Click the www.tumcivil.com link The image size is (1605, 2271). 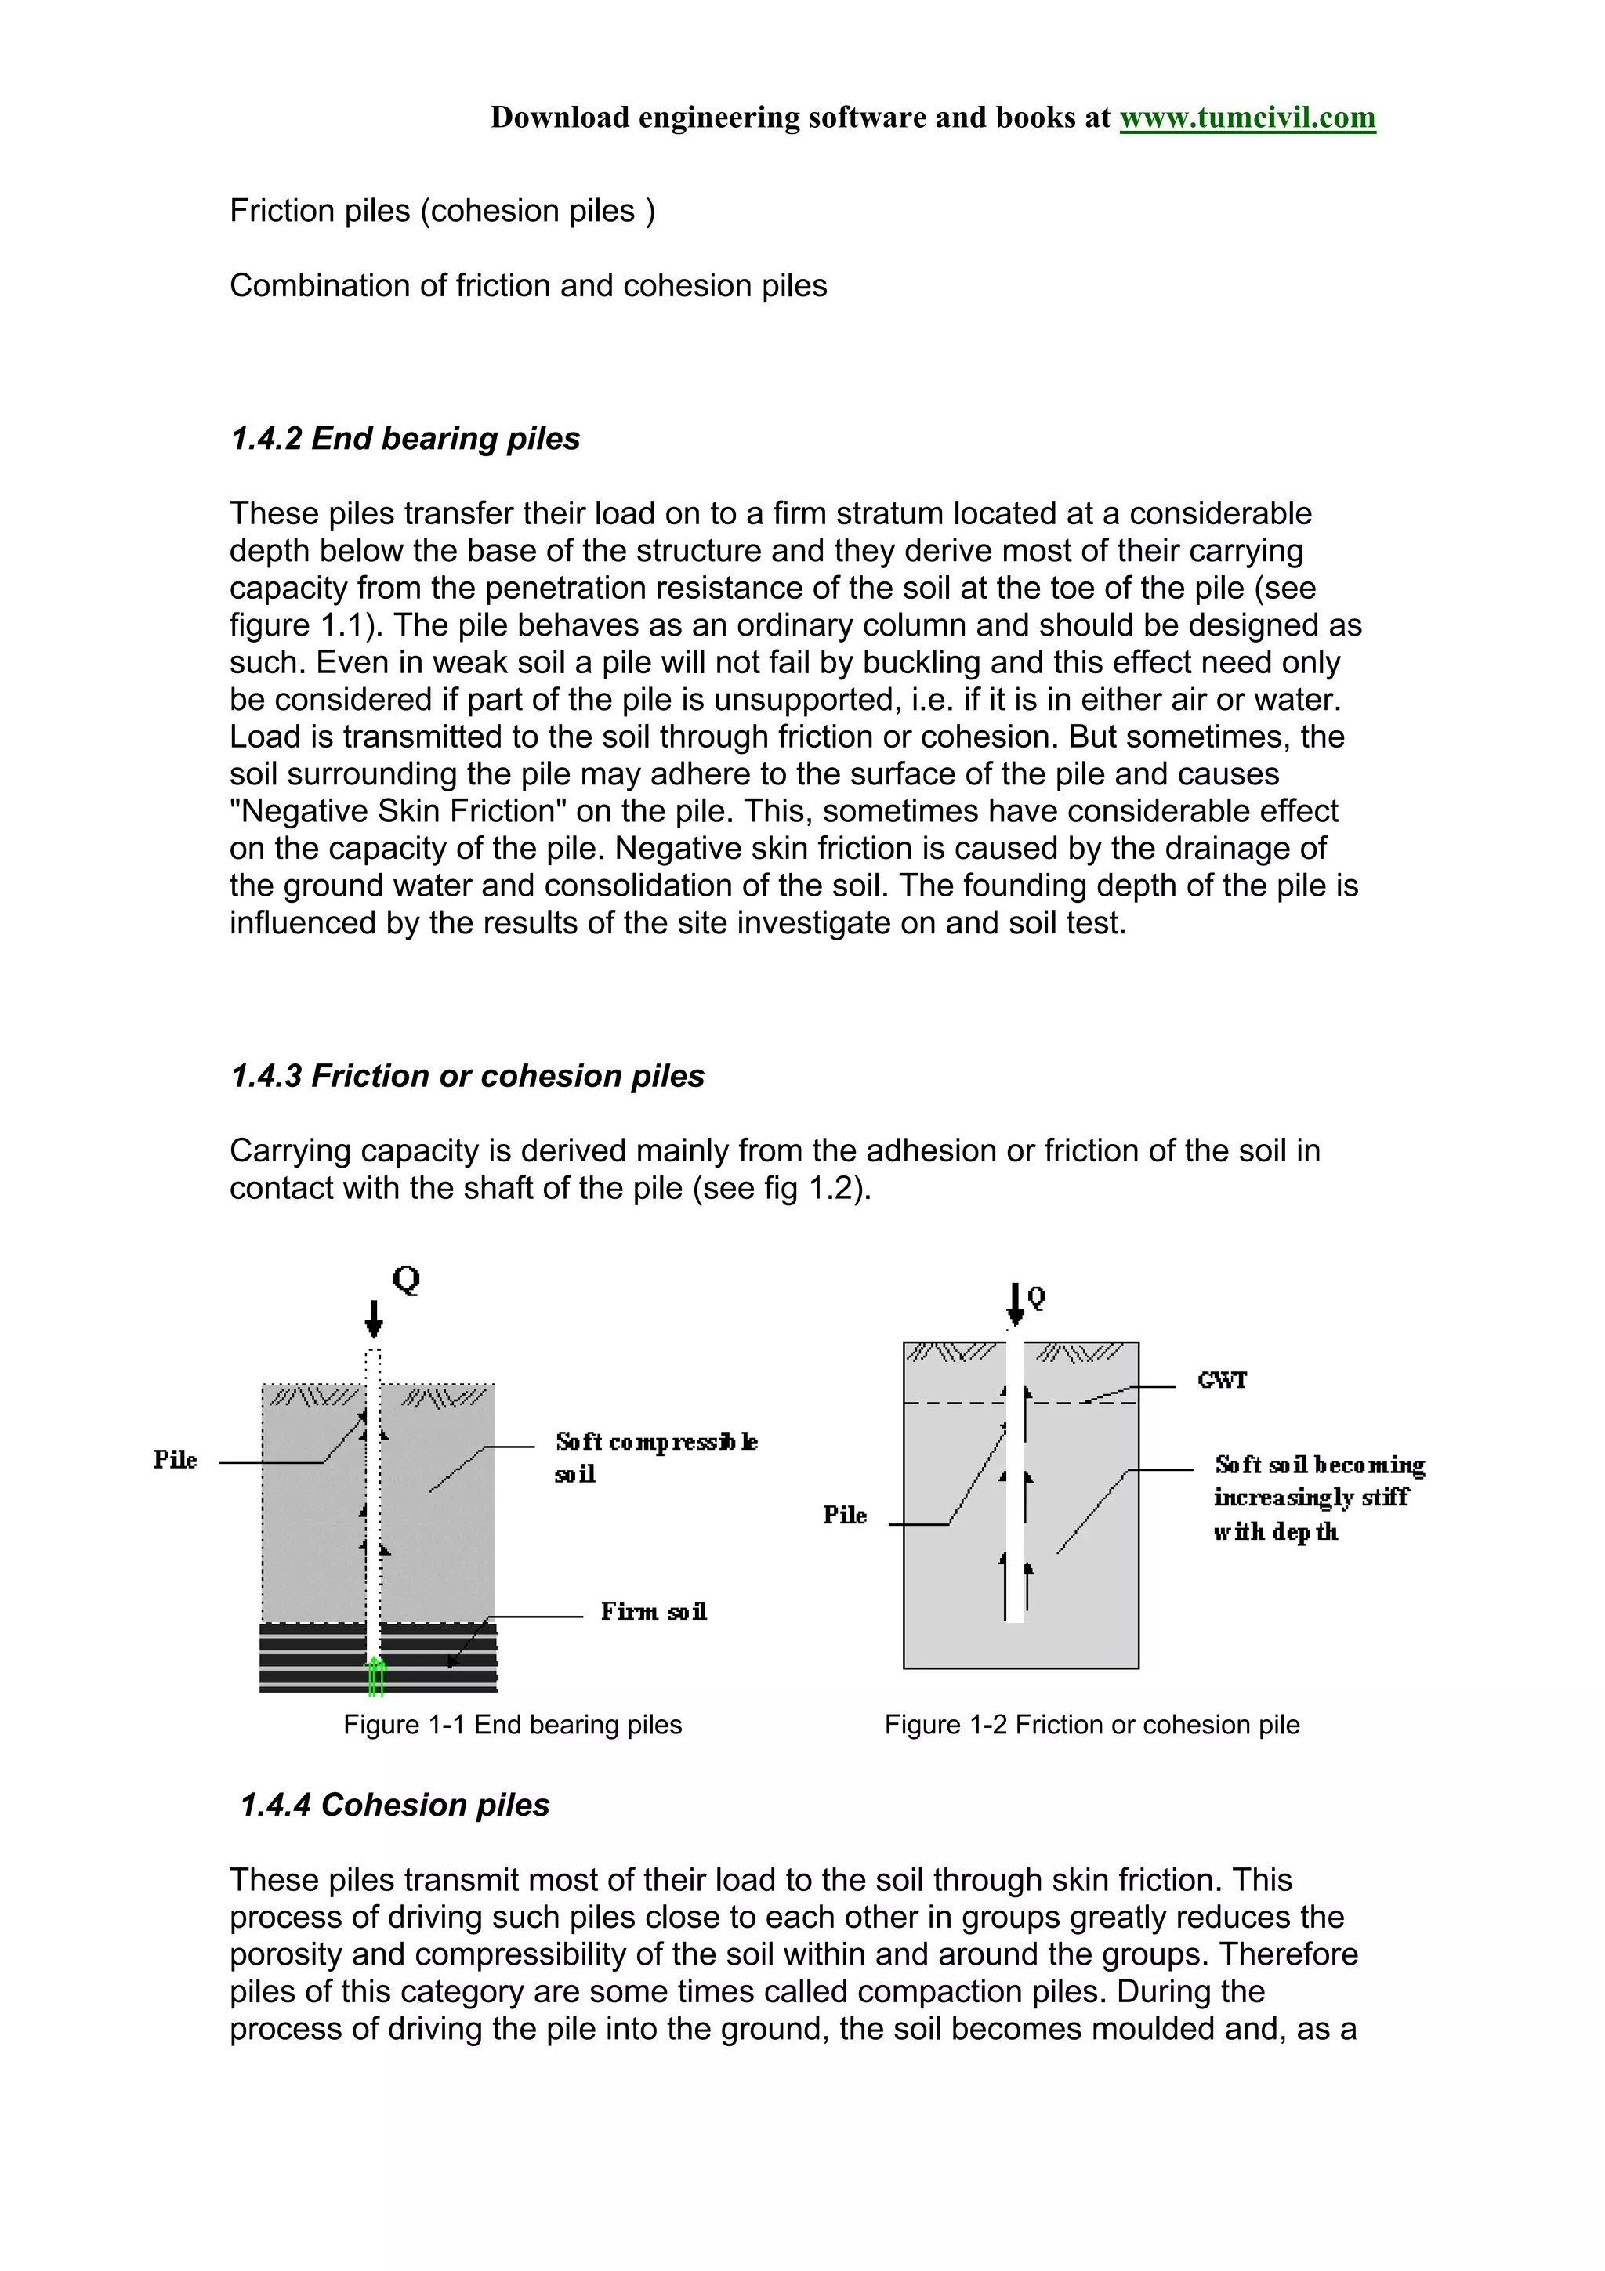coord(1246,118)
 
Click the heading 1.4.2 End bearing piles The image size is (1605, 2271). coord(404,438)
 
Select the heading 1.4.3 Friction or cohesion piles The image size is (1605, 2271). coord(467,1076)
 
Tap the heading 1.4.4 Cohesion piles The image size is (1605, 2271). coord(394,1806)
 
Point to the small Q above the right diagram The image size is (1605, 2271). coord(1036,1298)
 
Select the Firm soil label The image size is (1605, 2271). coord(654,1612)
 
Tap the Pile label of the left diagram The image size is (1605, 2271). coord(175,1460)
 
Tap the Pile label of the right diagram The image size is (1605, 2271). coord(845,1516)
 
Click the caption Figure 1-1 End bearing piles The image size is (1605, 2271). coord(513,1725)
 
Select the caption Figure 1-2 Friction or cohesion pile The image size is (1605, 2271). coord(1092,1725)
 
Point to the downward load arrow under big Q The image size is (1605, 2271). coord(374,1320)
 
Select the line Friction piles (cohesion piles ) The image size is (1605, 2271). coord(442,211)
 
